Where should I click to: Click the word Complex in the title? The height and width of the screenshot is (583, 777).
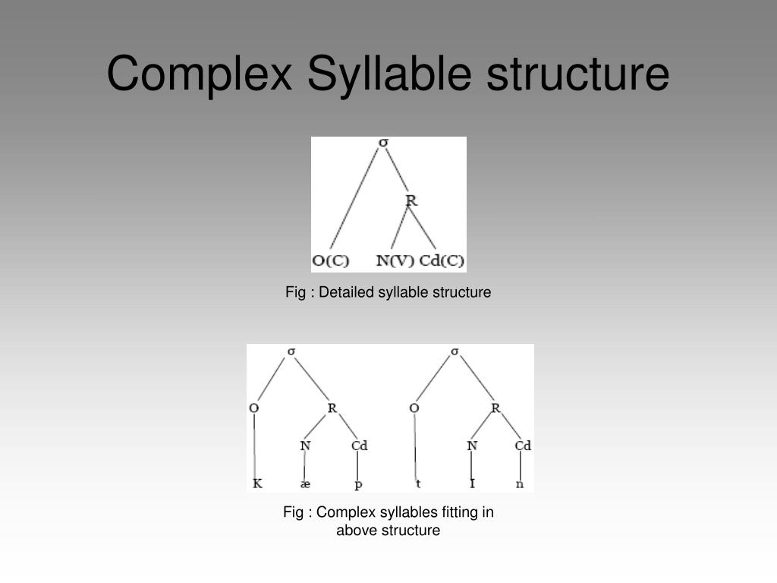[x=199, y=74]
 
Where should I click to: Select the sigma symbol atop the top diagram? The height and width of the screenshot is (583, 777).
[x=384, y=143]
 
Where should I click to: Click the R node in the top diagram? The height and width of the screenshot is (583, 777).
[x=411, y=200]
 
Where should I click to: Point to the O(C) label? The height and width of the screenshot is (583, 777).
[x=331, y=260]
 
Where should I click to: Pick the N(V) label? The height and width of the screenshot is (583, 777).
[x=395, y=260]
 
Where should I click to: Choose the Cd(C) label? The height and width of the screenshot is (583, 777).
[x=442, y=260]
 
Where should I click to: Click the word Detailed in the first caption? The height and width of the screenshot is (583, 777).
[x=349, y=292]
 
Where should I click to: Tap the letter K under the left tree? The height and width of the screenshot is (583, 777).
[x=257, y=484]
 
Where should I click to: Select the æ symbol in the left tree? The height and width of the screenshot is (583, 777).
[x=305, y=484]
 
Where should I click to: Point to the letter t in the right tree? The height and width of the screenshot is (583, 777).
[x=418, y=484]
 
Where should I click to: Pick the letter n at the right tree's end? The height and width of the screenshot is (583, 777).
[x=521, y=484]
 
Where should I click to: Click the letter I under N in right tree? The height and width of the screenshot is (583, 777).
[x=472, y=484]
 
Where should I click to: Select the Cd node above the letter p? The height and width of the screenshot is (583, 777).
[x=359, y=446]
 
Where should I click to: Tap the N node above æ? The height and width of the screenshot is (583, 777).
[x=305, y=446]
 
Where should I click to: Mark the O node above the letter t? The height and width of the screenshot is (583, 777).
[x=414, y=408]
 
